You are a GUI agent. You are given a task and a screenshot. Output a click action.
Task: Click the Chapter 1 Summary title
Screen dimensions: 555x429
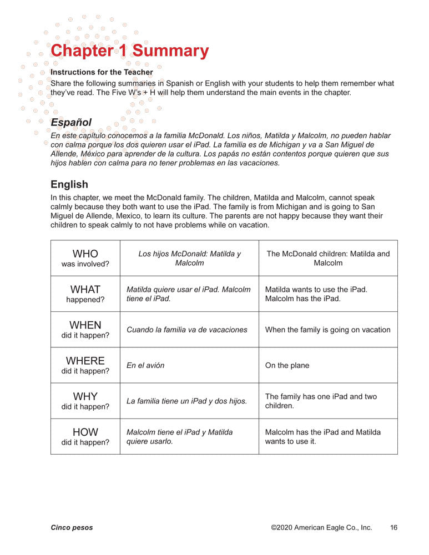point(129,51)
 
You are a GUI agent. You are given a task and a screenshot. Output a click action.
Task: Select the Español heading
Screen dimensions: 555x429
point(71,122)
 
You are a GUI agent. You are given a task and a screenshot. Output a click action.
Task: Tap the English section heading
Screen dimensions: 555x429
point(69,184)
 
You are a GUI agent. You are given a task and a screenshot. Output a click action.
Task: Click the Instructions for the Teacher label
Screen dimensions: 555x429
point(102,72)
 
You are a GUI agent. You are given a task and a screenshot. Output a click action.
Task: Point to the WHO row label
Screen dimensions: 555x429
point(85,258)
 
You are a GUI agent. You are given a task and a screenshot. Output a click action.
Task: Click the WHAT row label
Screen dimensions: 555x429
point(85,294)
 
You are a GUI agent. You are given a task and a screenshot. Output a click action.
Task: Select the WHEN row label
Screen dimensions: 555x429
point(85,329)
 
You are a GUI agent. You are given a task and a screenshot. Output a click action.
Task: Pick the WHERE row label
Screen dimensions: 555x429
point(85,365)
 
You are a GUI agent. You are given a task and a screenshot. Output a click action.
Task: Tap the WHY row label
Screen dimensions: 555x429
point(85,401)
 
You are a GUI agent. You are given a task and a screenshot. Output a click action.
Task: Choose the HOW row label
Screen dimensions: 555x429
point(85,436)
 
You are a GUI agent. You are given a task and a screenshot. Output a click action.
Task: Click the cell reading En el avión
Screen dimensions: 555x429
point(145,365)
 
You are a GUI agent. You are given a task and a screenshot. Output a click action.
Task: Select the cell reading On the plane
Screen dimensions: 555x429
point(287,365)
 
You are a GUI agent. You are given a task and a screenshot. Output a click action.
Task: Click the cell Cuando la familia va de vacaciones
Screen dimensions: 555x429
point(187,330)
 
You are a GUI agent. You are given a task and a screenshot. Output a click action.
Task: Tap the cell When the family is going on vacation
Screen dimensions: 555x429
point(327,330)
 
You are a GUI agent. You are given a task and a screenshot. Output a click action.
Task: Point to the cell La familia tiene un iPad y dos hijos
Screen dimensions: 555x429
point(187,401)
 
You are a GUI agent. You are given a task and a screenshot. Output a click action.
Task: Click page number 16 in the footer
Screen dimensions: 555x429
point(393,528)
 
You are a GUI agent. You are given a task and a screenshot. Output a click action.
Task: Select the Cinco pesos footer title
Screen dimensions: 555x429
point(72,528)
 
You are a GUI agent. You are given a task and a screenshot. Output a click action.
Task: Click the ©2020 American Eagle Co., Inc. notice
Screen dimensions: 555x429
point(321,528)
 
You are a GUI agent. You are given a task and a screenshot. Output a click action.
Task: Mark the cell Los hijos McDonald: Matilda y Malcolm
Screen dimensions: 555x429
point(189,258)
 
